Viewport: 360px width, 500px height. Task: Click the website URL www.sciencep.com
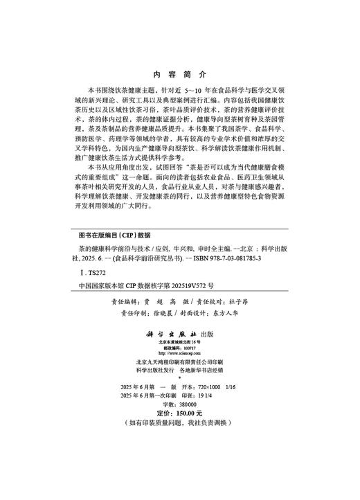tap(179, 355)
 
